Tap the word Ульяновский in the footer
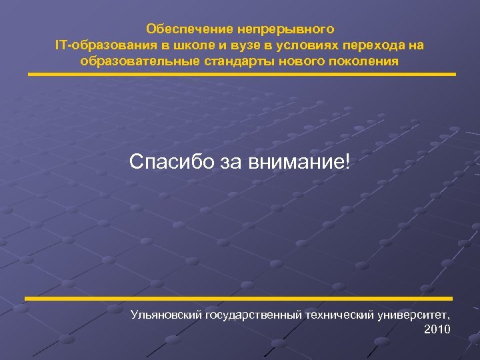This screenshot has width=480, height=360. pos(166,313)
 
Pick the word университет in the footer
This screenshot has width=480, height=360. pos(414,313)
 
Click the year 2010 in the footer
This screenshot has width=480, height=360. pos(437,329)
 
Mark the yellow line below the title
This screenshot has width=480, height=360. pos(241,74)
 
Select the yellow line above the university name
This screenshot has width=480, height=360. pos(239,298)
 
